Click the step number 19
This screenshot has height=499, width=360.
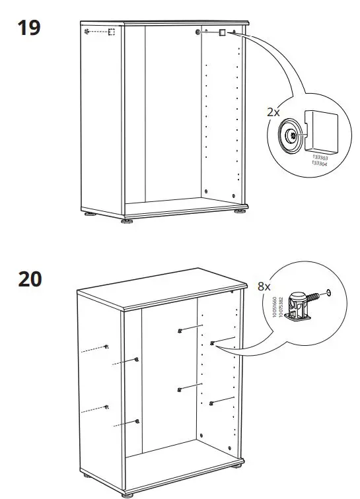point(29,28)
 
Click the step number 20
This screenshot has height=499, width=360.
point(30,279)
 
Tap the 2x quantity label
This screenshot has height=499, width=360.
point(273,112)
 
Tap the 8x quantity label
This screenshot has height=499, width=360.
point(264,287)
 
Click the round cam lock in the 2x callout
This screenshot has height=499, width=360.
point(290,136)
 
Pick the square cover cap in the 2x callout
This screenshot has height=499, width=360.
point(321,129)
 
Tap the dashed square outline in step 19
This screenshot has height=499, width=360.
point(112,32)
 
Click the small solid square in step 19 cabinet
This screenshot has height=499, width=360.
point(223,32)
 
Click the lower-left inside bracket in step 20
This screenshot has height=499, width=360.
point(180,389)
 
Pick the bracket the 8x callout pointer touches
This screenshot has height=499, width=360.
point(213,343)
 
